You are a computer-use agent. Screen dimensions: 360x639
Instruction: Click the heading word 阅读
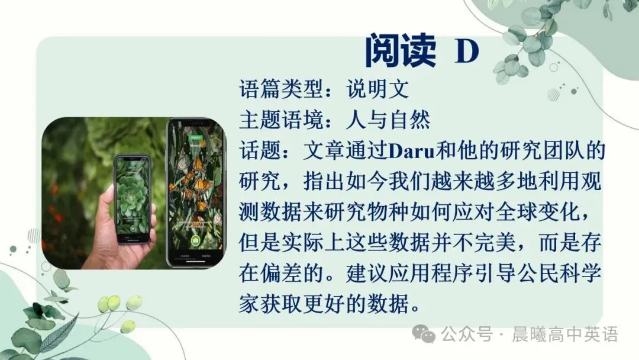click(x=400, y=50)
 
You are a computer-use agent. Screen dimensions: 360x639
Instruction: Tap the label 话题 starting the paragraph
click(x=260, y=151)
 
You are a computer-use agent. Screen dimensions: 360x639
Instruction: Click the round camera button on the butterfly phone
click(x=195, y=242)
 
